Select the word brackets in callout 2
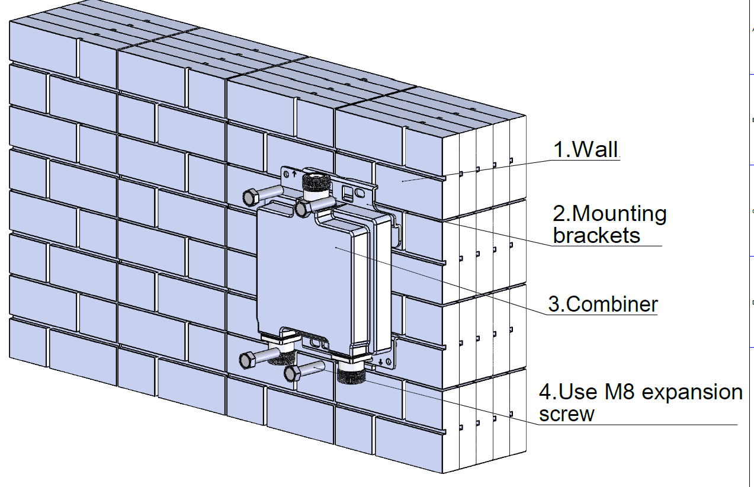596,235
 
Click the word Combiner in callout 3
612,305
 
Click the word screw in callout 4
566,414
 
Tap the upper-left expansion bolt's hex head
250,197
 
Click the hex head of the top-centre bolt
303,208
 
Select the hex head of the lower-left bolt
246,359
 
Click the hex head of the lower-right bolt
292,373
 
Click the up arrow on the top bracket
294,174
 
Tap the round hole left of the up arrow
287,175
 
